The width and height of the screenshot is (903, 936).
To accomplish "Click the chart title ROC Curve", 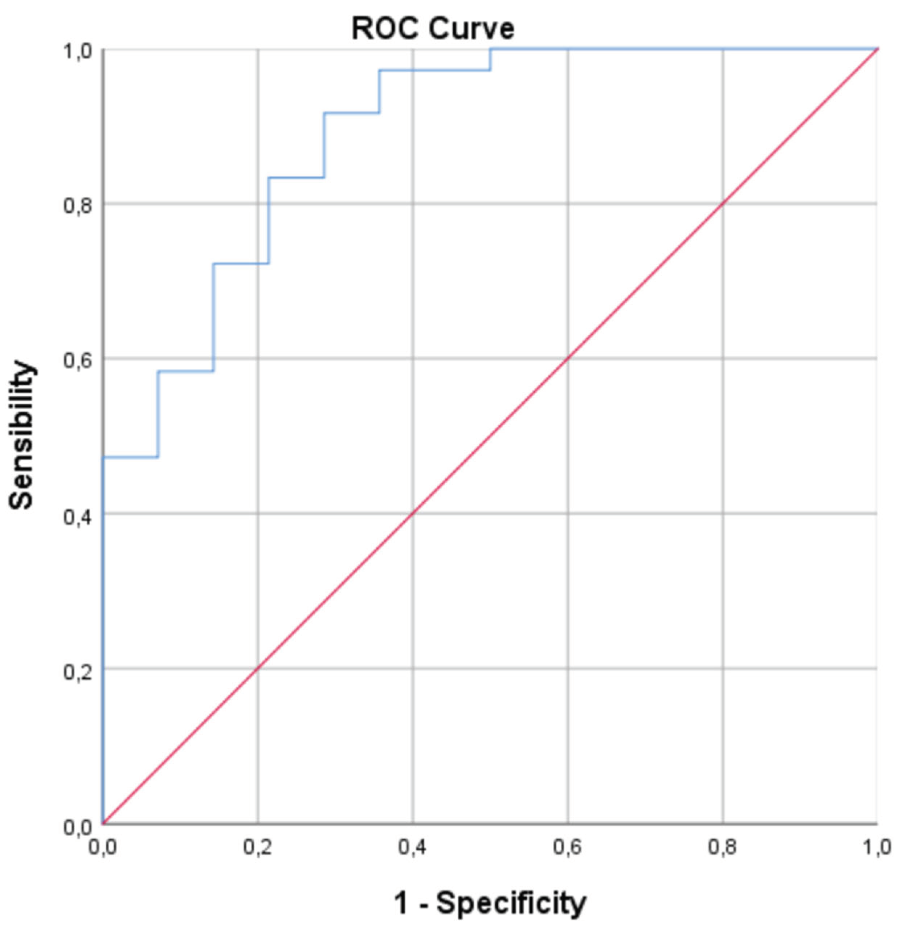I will (433, 28).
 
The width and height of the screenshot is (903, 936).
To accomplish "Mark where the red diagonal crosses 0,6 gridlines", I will (568, 358).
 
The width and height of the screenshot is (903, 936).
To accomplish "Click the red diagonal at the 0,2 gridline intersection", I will (257, 669).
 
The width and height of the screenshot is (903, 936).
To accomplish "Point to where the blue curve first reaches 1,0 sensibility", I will (490, 49).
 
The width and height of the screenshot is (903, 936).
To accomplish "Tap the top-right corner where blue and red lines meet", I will (877, 49).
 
